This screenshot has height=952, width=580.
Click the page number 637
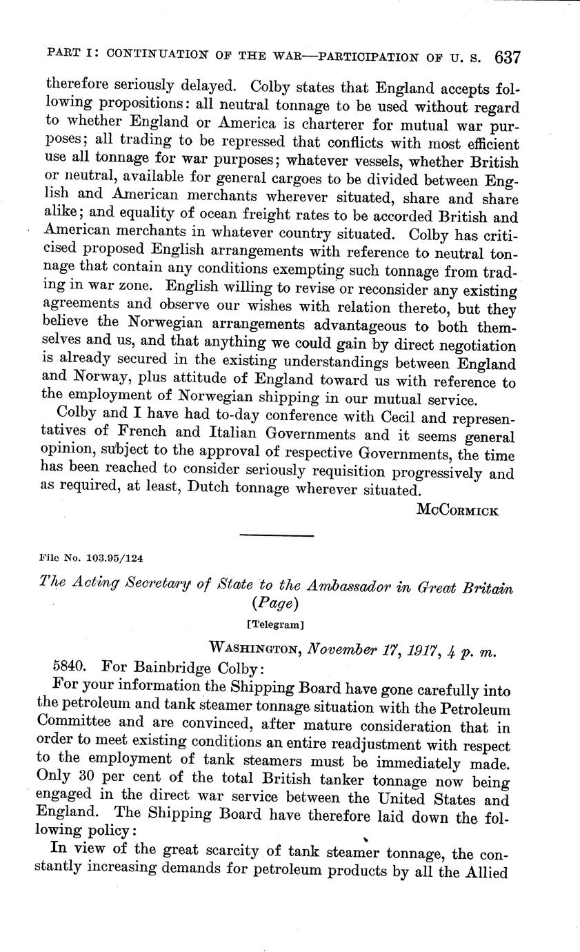pyautogui.click(x=507, y=57)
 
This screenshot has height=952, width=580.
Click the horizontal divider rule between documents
pyautogui.click(x=276, y=535)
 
